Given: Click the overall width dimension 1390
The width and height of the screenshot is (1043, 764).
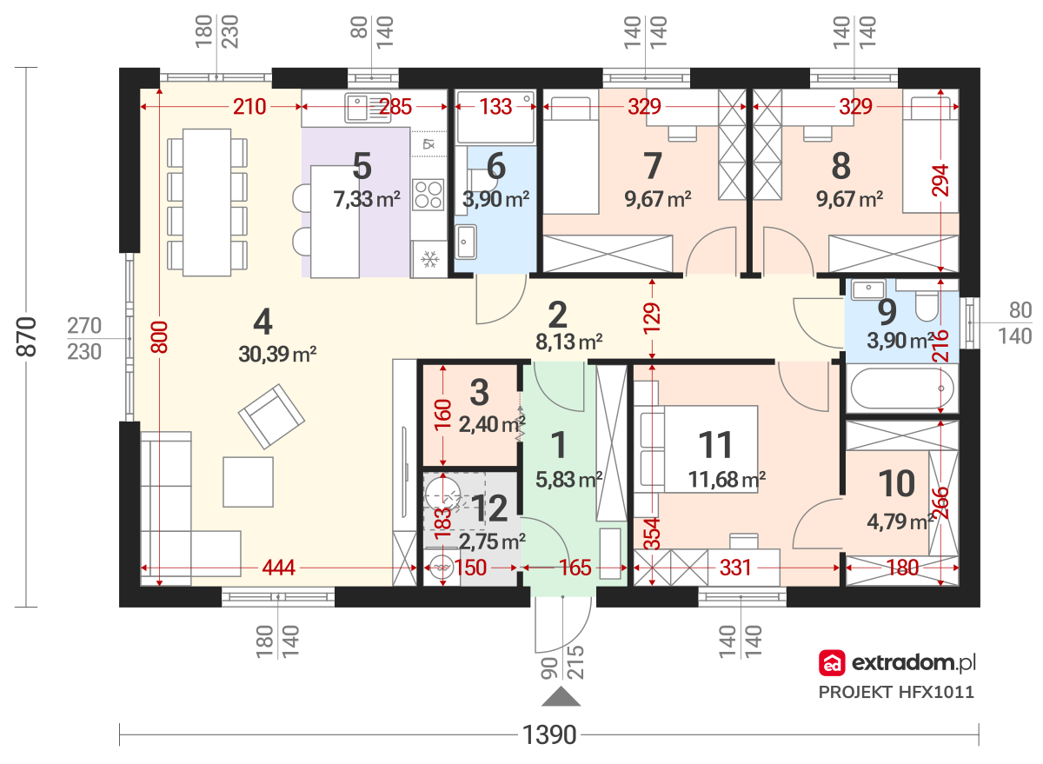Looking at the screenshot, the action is click(x=549, y=735).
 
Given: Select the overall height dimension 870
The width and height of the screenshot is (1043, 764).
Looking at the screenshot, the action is click(x=27, y=336).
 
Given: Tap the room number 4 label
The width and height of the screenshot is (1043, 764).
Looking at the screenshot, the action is click(x=262, y=322).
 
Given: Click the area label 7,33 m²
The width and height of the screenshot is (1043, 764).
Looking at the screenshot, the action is click(x=367, y=199).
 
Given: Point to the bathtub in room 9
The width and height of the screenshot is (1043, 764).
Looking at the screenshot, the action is click(x=902, y=389).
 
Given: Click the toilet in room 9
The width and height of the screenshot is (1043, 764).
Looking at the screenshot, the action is click(x=927, y=306).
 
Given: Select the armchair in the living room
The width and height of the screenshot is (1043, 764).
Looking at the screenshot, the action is click(x=271, y=416).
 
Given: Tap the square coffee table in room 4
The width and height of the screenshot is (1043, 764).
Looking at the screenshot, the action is click(x=249, y=482).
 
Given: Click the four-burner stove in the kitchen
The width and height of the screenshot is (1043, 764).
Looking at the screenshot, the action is click(x=428, y=195).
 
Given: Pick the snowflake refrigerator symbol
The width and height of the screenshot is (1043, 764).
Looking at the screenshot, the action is click(x=429, y=259).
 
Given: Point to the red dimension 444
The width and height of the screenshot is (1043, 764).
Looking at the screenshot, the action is click(x=278, y=568).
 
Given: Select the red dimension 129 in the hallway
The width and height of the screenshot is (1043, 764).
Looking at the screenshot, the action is click(x=652, y=318).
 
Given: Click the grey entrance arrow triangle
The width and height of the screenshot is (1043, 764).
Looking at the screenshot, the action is click(x=561, y=696).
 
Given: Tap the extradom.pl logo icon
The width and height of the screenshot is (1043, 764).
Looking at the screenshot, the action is click(x=832, y=662).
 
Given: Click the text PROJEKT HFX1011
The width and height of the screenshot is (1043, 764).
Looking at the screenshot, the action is click(x=896, y=692).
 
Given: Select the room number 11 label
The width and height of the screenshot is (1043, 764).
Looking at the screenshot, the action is click(x=715, y=445).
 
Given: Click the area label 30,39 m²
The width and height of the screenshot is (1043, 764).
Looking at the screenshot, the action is click(x=277, y=355).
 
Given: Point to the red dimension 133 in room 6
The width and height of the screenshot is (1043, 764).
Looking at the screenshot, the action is click(x=495, y=107).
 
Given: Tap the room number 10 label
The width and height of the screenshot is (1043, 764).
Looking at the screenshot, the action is click(x=896, y=484).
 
